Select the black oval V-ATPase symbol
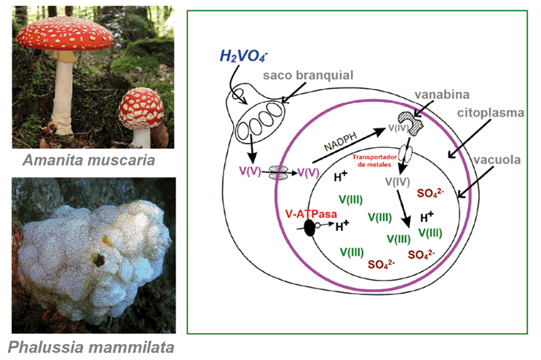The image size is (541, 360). pos(309,228)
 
